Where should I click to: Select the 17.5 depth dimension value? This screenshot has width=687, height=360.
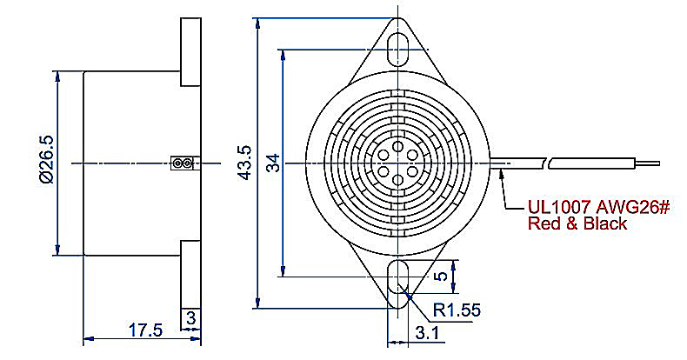(145, 330)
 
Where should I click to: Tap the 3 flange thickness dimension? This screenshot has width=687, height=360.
(191, 318)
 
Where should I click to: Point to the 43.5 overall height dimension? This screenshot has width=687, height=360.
(244, 163)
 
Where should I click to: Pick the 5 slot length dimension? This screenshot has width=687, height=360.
(442, 276)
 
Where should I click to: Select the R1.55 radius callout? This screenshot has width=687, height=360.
(457, 310)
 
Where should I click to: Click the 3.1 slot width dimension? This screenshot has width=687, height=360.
(426, 334)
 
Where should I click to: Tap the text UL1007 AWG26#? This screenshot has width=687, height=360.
(598, 206)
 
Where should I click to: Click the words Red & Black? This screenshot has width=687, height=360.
(577, 223)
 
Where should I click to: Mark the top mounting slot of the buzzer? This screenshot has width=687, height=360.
(398, 46)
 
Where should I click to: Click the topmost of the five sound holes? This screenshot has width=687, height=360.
(397, 146)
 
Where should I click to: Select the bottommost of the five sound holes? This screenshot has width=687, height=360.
(397, 179)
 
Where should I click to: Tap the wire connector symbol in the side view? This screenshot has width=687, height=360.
(182, 163)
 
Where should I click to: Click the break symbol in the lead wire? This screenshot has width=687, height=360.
(547, 163)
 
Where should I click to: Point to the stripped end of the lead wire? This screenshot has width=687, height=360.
(647, 163)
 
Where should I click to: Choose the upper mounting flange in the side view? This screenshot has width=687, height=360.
(190, 51)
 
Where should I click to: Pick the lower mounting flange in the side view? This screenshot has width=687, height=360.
(190, 284)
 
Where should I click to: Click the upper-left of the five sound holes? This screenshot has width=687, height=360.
(384, 155)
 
